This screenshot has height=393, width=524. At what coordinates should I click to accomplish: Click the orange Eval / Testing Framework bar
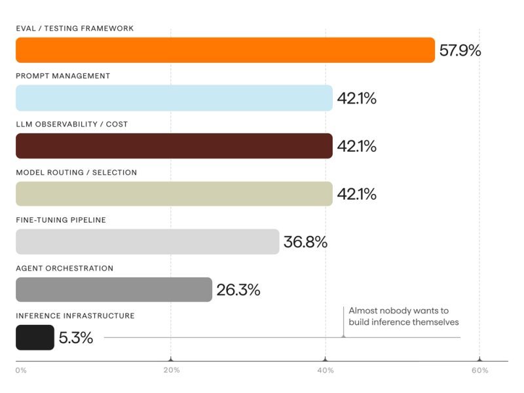coord(225,50)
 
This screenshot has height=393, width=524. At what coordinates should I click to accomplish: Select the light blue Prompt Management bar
coord(174,98)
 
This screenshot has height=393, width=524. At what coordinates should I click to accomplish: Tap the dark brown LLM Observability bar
coord(174,145)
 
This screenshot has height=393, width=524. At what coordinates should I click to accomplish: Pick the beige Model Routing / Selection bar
coord(174,194)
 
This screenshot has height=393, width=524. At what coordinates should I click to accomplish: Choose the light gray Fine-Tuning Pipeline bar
coord(147,242)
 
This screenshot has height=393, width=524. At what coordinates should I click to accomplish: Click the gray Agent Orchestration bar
coord(114,290)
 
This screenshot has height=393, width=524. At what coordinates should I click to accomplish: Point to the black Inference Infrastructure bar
coord(35,337)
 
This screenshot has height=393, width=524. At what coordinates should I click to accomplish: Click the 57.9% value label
coord(460,50)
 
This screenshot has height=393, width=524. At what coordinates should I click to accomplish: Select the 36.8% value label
coord(305,242)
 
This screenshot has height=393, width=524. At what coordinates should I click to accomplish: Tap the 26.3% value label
coord(238,290)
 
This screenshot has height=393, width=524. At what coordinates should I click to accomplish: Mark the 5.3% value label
coord(76,337)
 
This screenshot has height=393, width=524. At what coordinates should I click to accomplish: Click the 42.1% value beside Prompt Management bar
coord(356,98)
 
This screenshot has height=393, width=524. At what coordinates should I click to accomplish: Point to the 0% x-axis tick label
coord(21,370)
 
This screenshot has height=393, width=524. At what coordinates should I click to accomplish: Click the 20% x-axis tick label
coord(172,370)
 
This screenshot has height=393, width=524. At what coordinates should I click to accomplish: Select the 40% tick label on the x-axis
coord(326,370)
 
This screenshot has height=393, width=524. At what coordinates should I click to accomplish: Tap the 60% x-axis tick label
coord(480,370)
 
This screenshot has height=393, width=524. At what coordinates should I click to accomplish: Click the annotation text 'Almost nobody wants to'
coord(399,310)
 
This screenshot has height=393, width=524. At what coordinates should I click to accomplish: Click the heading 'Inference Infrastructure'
coord(75,316)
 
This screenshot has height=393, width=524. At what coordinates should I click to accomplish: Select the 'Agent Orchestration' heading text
coord(64,269)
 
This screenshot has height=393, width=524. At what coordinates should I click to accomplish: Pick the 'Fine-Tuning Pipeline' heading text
coord(61,220)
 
